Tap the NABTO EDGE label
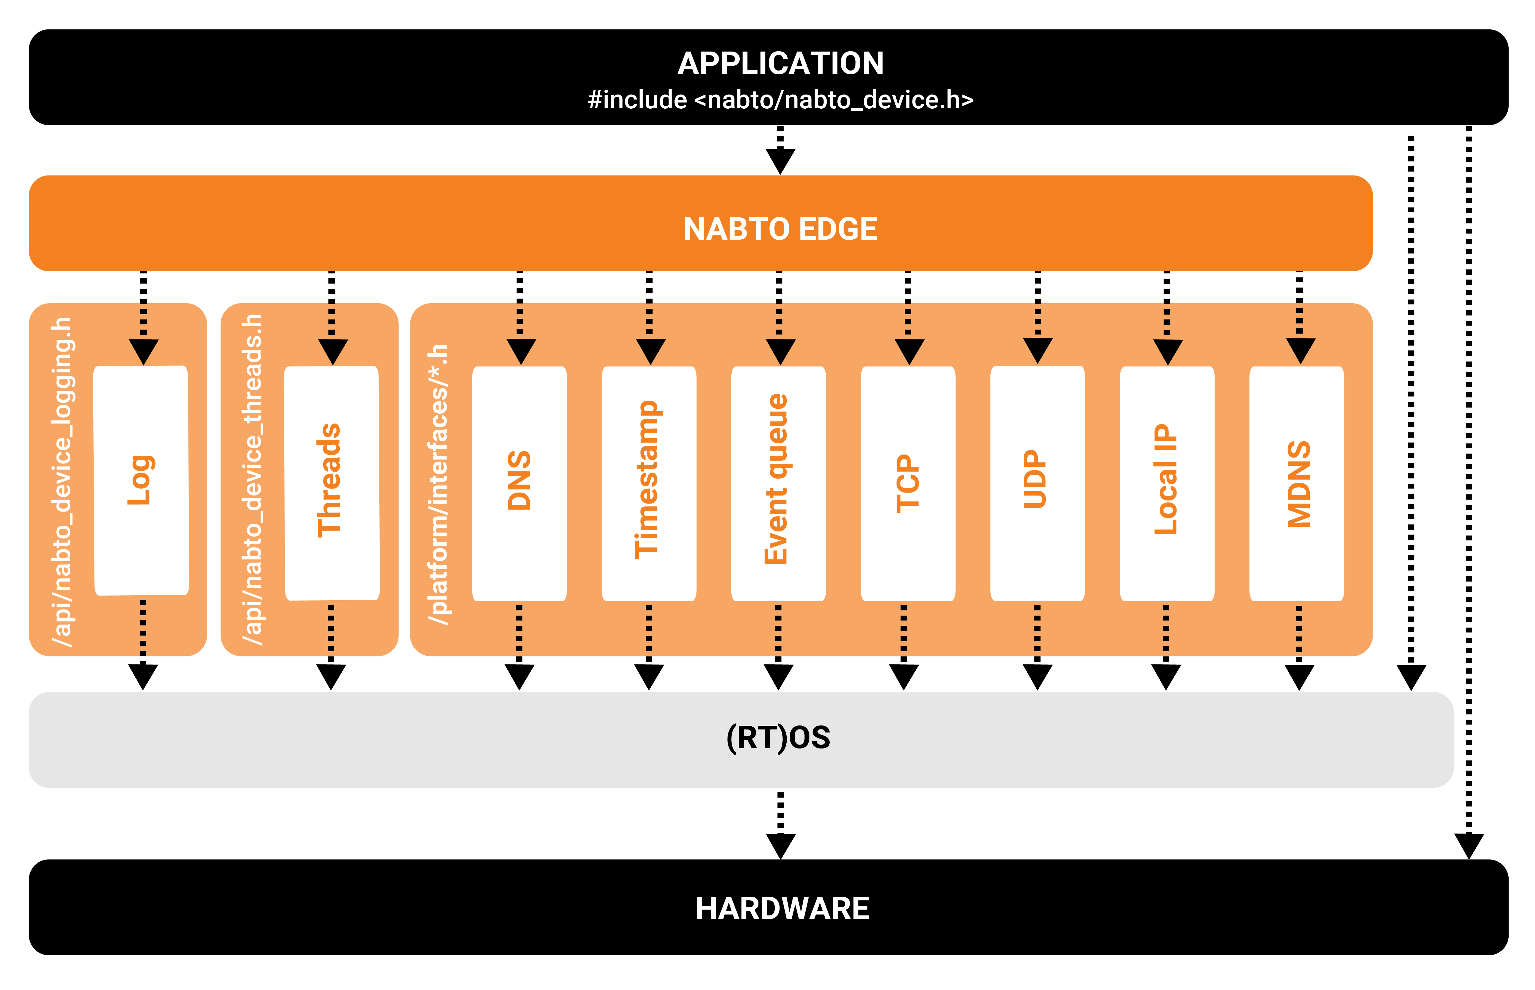click(780, 229)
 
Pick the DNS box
click(519, 483)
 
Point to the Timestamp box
click(649, 483)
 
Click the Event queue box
click(778, 483)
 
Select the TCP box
click(908, 483)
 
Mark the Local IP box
click(1167, 483)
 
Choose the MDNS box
click(1297, 483)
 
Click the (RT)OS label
click(778, 737)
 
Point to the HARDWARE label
click(782, 908)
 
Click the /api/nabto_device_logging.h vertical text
click(62, 482)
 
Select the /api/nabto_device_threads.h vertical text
click(253, 479)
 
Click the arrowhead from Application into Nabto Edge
click(780, 161)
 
